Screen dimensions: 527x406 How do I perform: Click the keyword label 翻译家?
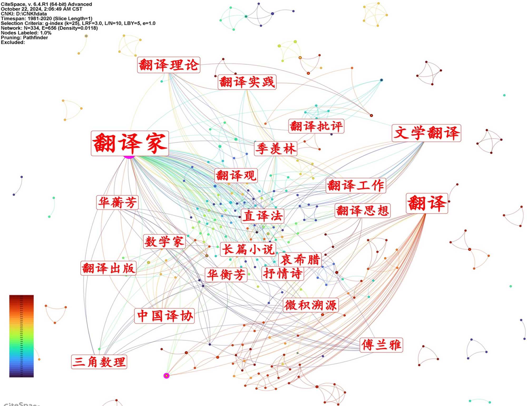[130, 143]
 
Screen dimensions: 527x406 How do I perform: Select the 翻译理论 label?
[169, 65]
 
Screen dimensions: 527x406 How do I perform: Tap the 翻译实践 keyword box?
[247, 82]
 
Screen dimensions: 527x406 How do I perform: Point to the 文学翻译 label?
[426, 133]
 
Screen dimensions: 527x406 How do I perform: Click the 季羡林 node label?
[276, 149]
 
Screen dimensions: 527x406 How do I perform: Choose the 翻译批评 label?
[316, 126]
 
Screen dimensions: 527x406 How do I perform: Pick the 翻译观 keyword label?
[236, 175]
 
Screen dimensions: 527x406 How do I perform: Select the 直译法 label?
[262, 216]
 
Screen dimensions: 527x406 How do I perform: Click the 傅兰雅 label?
[381, 345]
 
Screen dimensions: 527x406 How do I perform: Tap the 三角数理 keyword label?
[99, 362]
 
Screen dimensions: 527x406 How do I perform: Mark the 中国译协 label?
[165, 316]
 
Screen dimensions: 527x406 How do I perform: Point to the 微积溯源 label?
[311, 305]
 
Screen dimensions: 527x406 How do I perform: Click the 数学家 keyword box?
[164, 242]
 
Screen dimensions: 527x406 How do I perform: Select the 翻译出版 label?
[108, 268]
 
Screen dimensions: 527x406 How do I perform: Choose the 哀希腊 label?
[300, 260]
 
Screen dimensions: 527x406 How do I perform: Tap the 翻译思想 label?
[362, 211]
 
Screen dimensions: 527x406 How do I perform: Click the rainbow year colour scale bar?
[21, 336]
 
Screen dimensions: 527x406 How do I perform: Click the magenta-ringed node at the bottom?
[166, 376]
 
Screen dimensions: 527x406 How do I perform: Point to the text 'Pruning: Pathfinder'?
[24, 38]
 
